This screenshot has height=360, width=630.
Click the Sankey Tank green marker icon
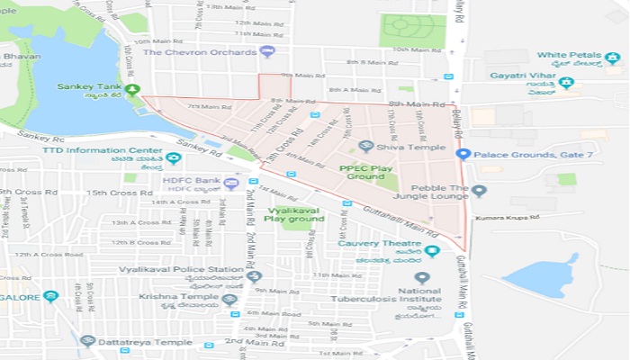[132, 88]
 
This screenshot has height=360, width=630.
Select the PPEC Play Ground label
[367, 172]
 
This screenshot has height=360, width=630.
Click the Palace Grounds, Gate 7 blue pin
[463, 154]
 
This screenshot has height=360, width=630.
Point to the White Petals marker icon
[612, 58]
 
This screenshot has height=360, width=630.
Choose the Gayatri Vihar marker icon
[566, 83]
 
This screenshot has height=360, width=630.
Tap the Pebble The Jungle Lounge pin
[479, 191]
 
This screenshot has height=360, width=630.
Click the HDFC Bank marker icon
[231, 184]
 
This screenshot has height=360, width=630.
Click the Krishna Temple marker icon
[229, 300]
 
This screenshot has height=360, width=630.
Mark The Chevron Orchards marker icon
[266, 52]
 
